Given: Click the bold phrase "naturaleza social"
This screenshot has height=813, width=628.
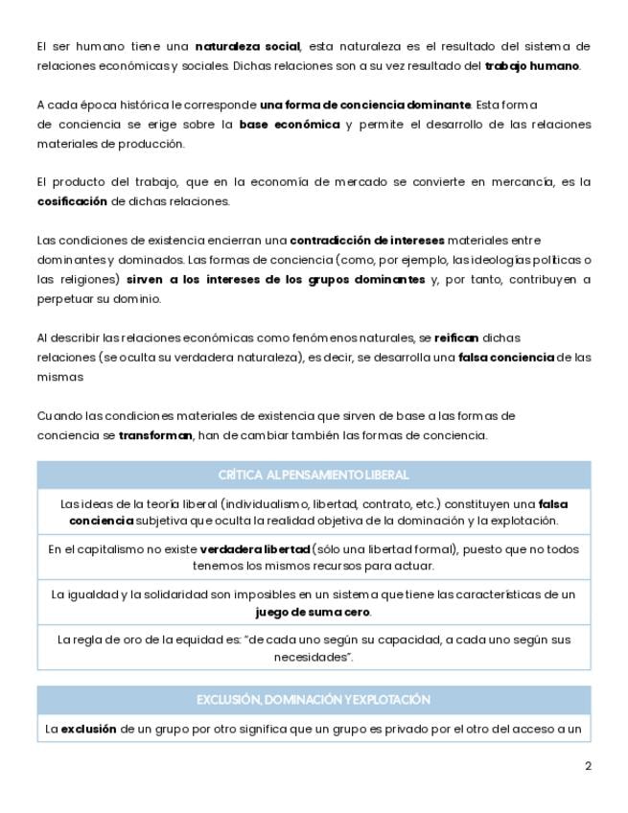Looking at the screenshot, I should (247, 46).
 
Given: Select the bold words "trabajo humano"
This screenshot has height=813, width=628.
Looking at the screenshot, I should (532, 66).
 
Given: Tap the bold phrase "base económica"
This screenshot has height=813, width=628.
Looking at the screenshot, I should (290, 125).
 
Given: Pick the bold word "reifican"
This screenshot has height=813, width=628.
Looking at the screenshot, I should (456, 337).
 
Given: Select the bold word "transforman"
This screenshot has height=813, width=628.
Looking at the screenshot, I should (155, 435).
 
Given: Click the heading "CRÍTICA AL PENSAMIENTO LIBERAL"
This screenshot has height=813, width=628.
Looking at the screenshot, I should (314, 475).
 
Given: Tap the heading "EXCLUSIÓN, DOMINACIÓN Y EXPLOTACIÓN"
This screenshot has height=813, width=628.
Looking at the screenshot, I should (314, 700).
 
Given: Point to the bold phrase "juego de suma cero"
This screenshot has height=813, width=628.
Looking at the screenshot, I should (313, 612).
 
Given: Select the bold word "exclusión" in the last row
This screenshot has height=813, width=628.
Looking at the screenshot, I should (89, 730).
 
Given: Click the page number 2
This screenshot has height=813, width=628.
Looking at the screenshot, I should (588, 766).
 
